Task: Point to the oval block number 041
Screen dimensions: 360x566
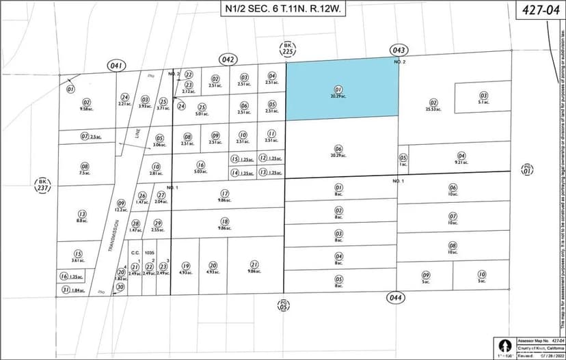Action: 117,65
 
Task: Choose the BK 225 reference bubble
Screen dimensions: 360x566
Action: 288,49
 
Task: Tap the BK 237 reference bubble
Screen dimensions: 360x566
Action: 41,185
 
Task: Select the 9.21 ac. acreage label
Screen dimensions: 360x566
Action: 461,163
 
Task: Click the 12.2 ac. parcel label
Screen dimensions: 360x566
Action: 121,210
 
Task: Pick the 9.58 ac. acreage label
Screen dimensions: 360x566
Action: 85,109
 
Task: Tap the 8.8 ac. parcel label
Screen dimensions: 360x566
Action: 81,221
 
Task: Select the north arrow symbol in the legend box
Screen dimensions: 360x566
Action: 504,344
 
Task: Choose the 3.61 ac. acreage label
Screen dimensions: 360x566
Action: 78,260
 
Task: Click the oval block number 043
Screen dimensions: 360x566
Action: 399,50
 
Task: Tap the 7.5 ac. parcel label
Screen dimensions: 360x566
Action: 85,173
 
